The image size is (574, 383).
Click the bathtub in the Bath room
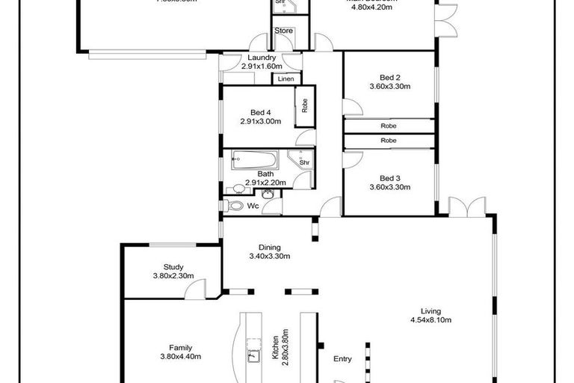(254, 159)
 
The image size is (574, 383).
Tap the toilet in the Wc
(235, 205)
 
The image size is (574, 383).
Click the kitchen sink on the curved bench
(253, 355)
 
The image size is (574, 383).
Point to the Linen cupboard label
(286, 79)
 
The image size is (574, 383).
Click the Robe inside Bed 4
(304, 106)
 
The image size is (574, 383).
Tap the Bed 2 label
(390, 77)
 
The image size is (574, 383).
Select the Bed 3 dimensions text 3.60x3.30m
(390, 187)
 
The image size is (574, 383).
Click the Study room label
(173, 267)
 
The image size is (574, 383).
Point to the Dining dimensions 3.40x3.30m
(269, 256)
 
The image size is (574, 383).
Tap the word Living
(430, 311)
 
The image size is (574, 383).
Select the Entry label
(342, 359)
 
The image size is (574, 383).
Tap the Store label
(283, 31)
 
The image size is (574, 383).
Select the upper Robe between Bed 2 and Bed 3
(388, 126)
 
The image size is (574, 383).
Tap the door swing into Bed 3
(353, 159)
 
